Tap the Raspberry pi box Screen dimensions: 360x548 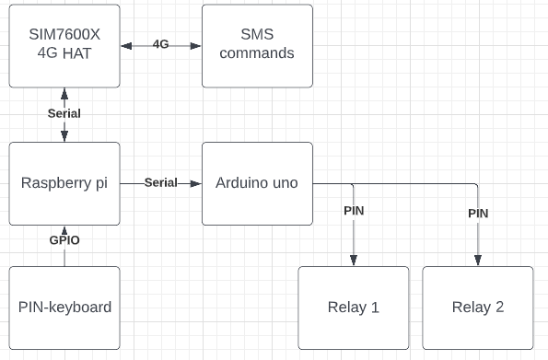(64, 183)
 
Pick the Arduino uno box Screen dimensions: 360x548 (257, 183)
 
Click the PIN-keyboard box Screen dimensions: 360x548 (64, 308)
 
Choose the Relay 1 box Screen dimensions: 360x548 (353, 308)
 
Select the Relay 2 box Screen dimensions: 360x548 (477, 308)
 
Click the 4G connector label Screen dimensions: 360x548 (160, 44)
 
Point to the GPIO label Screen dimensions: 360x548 (64, 240)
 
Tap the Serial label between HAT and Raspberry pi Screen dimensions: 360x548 (64, 114)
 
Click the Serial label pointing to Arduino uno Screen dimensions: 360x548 (160, 182)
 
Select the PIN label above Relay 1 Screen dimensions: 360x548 (354, 211)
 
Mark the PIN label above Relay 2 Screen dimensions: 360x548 (478, 214)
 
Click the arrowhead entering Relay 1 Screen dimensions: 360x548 (354, 261)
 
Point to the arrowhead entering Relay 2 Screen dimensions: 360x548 (478, 261)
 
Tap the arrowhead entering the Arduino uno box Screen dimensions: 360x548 (196, 183)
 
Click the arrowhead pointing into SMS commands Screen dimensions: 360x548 (196, 45)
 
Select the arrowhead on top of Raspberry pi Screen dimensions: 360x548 (64, 137)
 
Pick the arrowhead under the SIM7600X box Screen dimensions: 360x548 (64, 93)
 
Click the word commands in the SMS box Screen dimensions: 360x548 (257, 53)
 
